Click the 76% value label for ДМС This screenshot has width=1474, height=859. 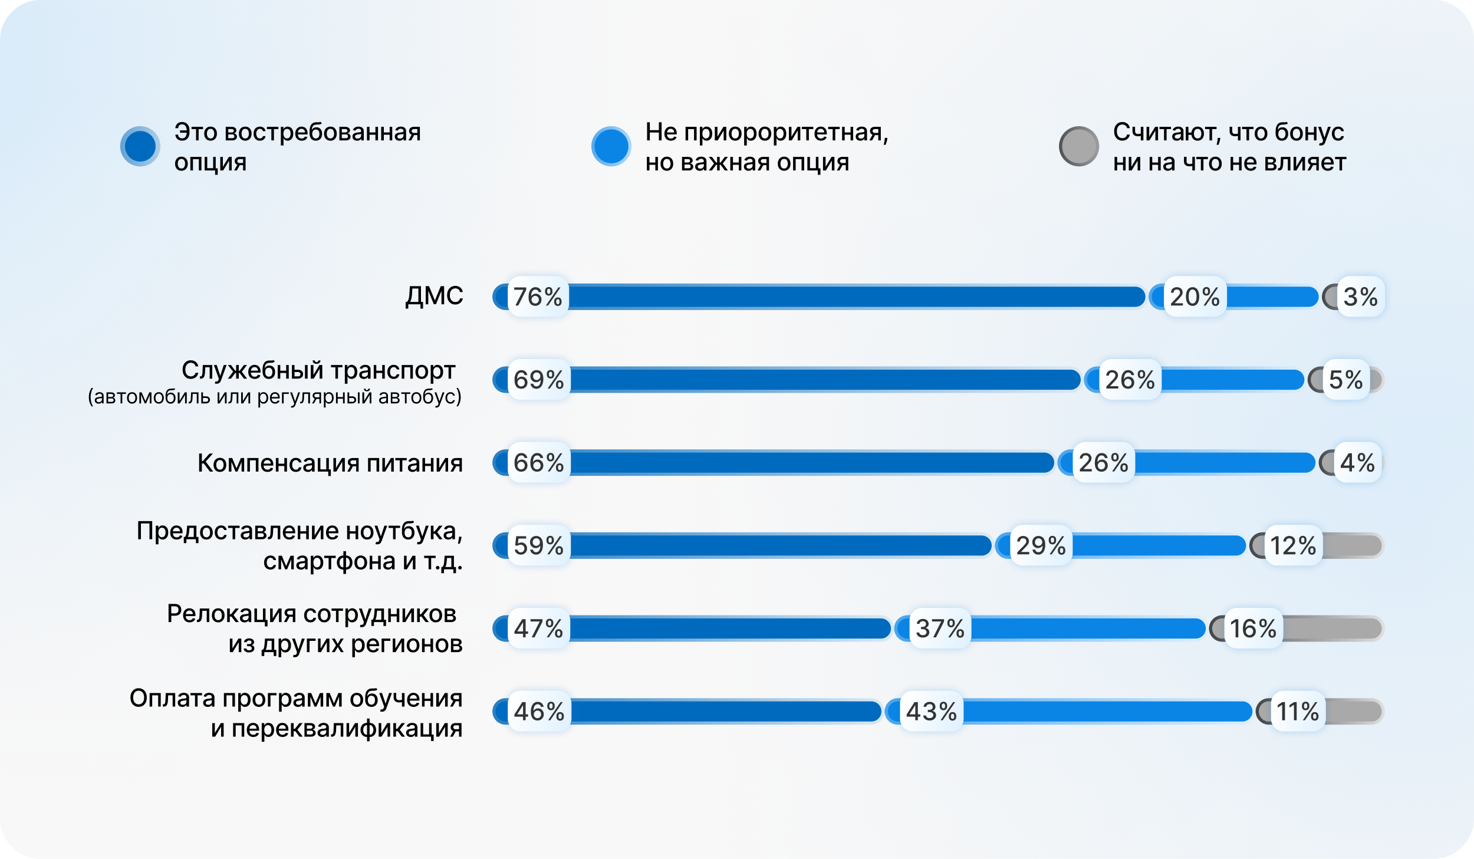(538, 297)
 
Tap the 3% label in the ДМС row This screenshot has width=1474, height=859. (1360, 297)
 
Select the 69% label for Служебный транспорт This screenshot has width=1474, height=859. (538, 380)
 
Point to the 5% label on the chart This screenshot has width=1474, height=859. (1345, 380)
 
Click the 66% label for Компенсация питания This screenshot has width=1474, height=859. (538, 463)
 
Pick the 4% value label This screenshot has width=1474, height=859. (1357, 463)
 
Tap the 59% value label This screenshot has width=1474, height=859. (538, 545)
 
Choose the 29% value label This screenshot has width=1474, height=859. (1041, 545)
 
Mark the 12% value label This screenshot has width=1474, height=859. (1293, 545)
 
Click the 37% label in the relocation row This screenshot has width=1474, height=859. (940, 628)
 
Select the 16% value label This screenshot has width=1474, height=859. (1253, 628)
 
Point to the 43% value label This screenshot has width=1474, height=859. (931, 712)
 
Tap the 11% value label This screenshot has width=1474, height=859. (1298, 712)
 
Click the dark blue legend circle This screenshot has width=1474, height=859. (140, 146)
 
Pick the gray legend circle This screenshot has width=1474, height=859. (1079, 146)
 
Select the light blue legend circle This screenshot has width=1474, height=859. (611, 146)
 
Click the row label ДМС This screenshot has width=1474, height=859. (434, 296)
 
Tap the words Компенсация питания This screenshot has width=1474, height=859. (330, 463)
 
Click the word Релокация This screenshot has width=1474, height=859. (231, 614)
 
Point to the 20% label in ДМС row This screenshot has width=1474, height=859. (1195, 297)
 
